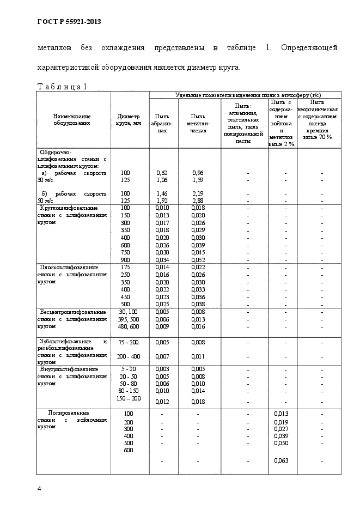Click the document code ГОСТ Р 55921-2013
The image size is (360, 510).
[69, 22]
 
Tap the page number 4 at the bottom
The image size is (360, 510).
[39, 488]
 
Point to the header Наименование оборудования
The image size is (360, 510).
[72, 119]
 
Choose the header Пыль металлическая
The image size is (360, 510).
[198, 123]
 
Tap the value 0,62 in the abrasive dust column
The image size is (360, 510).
[162, 173]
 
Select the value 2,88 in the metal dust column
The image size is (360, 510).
[198, 201]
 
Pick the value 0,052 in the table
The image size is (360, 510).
[198, 260]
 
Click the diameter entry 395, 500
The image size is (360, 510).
[129, 319]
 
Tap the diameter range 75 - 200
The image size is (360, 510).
[129, 342]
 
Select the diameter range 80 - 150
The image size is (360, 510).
[129, 391]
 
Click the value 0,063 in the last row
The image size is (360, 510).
[281, 460]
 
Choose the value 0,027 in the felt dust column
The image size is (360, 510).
[281, 429]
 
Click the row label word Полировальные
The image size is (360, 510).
[69, 413]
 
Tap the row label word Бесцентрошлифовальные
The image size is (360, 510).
[69, 311]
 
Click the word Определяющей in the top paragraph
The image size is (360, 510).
[309, 48]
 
